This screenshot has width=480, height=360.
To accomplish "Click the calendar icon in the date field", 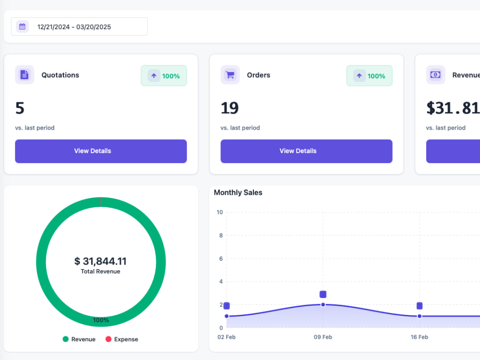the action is click(x=23, y=26).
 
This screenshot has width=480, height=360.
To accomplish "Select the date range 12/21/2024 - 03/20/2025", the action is click(x=74, y=27).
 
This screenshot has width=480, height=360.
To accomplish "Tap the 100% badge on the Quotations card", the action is click(x=164, y=76).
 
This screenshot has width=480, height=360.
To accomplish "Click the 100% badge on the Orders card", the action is click(x=369, y=76).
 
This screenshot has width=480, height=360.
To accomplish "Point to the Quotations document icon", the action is click(x=24, y=75).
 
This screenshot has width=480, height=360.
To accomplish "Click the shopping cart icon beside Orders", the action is click(x=230, y=75).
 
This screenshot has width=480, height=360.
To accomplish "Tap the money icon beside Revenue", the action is click(x=435, y=75).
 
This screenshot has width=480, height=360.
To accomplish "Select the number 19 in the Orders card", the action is click(x=229, y=108).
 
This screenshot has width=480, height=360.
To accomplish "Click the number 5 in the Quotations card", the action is click(x=20, y=108).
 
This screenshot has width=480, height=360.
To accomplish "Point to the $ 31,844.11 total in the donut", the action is click(x=100, y=261).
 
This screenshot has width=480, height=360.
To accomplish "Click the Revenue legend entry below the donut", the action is click(x=79, y=339).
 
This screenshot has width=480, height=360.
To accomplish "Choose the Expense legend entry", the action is click(x=122, y=339).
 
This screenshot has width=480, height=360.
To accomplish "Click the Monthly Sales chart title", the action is click(x=238, y=192).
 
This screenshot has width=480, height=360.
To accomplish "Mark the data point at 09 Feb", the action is click(x=323, y=305).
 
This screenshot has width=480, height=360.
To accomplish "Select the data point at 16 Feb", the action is click(x=420, y=316).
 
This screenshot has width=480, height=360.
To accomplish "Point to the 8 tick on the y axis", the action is click(x=221, y=235).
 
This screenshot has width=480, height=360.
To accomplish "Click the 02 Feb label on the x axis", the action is click(x=227, y=337).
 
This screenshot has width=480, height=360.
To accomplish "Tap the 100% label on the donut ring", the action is click(x=101, y=320).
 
